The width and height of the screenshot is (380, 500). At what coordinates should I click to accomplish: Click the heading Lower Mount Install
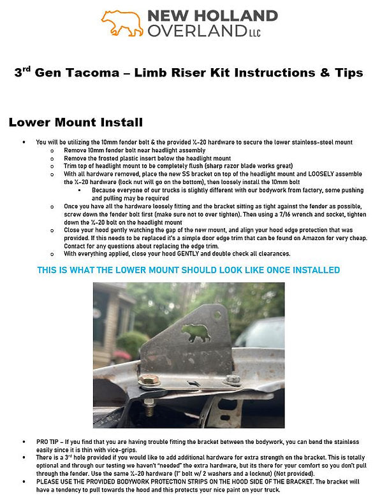[x=75, y=122]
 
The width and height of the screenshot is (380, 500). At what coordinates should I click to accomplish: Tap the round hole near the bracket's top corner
[x=217, y=314]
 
